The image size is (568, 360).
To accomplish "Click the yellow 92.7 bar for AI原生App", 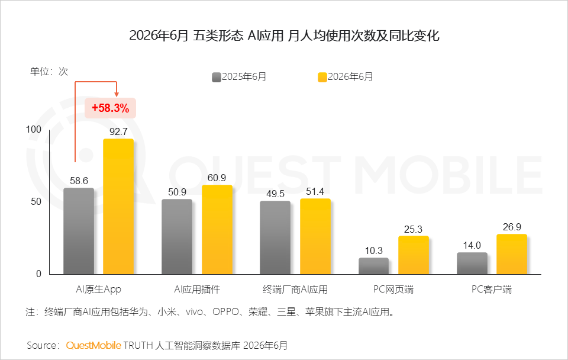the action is (118, 206).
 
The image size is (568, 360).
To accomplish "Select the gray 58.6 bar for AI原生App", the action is (79, 231).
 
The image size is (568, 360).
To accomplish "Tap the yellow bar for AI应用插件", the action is (217, 230).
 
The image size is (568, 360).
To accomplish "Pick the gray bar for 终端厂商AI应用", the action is (275, 237).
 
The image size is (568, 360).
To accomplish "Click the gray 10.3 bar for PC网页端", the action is (373, 266).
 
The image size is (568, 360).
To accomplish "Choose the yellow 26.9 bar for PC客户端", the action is (512, 254).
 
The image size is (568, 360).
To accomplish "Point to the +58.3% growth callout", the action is (111, 108).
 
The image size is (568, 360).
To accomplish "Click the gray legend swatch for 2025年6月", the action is (217, 77).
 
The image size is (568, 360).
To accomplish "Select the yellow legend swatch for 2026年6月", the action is (322, 77).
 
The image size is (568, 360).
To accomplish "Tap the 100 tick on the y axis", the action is (34, 130).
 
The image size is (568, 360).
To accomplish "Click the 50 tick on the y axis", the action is (36, 201).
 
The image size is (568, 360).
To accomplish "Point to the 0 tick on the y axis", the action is (39, 274).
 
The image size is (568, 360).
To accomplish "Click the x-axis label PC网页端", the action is (393, 290).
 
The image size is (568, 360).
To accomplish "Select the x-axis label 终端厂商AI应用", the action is (295, 290).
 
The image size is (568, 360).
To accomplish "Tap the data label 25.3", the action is (414, 229).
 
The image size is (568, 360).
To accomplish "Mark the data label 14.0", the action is (472, 246).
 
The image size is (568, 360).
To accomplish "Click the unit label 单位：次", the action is (49, 72).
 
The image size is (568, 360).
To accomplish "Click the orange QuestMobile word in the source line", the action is (93, 345).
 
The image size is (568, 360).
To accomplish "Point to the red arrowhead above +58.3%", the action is (117, 95).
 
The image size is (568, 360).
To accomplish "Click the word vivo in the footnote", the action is (195, 312).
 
